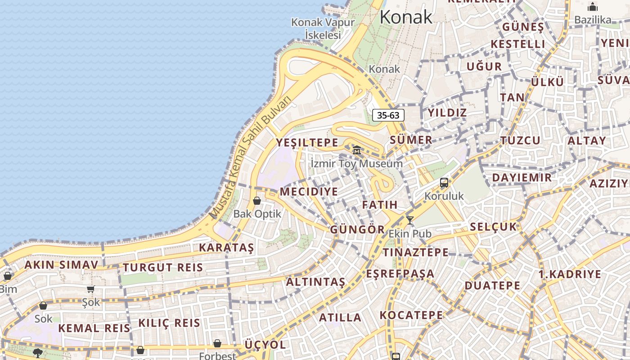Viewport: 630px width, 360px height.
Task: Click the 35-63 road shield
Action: pos(388,115)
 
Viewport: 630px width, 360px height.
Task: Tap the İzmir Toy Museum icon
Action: pos(357,150)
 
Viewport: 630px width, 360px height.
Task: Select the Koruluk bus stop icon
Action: pos(444,183)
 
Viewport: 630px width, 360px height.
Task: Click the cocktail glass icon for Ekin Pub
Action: pos(409,220)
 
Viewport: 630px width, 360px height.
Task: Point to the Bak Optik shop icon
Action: pos(257,201)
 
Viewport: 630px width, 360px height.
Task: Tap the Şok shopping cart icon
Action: pos(91,289)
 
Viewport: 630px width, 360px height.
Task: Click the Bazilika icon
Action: pos(593,7)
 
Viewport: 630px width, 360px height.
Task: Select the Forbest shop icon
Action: pos(217,343)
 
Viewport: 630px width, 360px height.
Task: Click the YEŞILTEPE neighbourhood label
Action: pos(307,143)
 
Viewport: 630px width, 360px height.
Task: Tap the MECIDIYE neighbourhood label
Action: pos(309,192)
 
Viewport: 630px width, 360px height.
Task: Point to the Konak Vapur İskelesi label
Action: pos(323,28)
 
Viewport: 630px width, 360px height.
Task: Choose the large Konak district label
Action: pos(406,17)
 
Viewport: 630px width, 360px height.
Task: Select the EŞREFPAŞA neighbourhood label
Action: pos(400,274)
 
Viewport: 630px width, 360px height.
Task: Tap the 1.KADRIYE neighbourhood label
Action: pos(570,274)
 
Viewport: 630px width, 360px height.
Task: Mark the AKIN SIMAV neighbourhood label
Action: pos(61,265)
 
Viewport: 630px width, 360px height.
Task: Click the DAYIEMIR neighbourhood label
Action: pos(522,177)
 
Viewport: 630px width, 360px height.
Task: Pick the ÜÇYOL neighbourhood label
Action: pos(265,345)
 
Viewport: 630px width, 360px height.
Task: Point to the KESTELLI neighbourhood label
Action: pos(518,44)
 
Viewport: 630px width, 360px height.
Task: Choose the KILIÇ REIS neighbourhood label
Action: pos(169,323)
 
